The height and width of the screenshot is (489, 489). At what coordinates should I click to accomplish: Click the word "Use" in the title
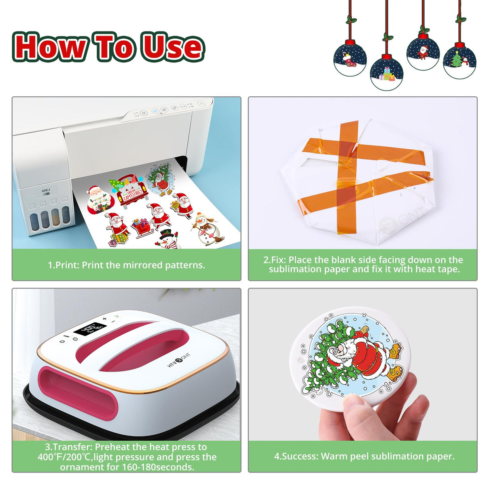click(x=172, y=47)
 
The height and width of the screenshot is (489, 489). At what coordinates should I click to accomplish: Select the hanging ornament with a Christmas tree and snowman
click(x=460, y=60)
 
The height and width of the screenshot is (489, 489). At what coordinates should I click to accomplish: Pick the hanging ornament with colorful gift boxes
click(x=386, y=74)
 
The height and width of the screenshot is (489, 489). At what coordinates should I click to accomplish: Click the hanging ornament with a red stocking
click(x=350, y=59)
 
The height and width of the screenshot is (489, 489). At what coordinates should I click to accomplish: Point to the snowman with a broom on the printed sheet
click(x=207, y=229)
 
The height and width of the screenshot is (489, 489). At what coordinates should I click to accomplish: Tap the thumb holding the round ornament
click(x=354, y=403)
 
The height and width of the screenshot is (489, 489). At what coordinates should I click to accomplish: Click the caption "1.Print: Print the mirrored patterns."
click(x=126, y=265)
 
